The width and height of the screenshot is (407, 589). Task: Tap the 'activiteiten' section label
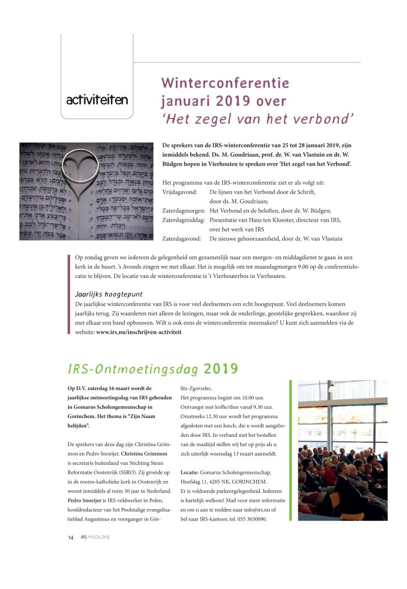point(97,100)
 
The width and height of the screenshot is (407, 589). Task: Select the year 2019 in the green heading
point(221,368)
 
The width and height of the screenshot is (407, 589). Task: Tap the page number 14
point(71,538)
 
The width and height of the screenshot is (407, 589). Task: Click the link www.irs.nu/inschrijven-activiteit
point(138,333)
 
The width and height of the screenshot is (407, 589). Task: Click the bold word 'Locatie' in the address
point(189,473)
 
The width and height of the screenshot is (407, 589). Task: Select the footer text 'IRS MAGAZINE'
point(95,538)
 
